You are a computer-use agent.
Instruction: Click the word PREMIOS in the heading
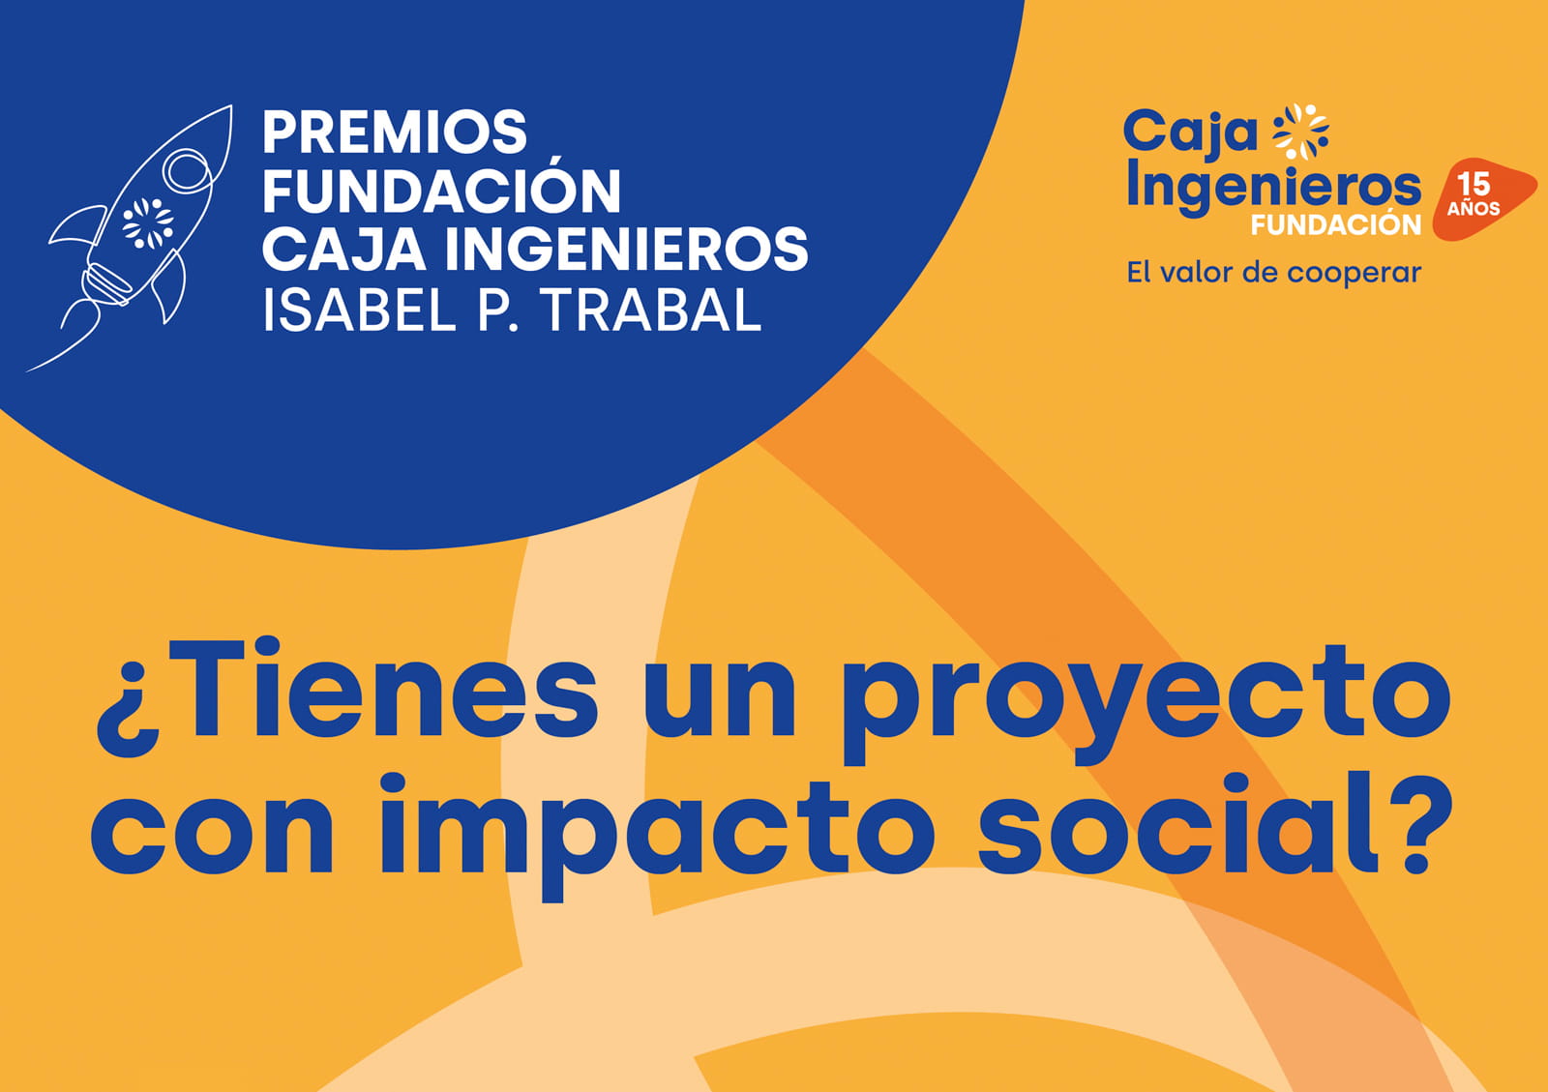pyautogui.click(x=395, y=132)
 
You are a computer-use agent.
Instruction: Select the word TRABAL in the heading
pyautogui.click(x=653, y=310)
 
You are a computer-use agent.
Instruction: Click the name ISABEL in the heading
pyautogui.click(x=359, y=310)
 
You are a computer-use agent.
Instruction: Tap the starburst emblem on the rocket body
pyautogui.click(x=148, y=223)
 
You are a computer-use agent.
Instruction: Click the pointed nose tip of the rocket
pyautogui.click(x=230, y=106)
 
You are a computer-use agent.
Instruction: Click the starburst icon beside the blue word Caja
pyautogui.click(x=1300, y=132)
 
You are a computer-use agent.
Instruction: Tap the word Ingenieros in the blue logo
pyautogui.click(x=1273, y=187)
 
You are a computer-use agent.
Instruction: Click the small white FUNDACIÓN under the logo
pyautogui.click(x=1336, y=224)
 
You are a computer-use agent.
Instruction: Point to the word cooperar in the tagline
pyautogui.click(x=1354, y=274)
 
